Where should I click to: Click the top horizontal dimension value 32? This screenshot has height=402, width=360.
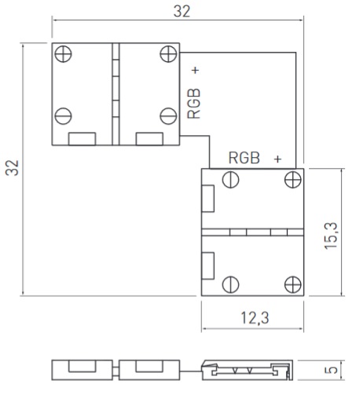pyautogui.click(x=182, y=12)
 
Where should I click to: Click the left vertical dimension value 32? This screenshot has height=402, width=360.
pyautogui.click(x=13, y=168)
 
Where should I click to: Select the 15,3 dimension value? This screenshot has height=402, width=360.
pyautogui.click(x=331, y=236)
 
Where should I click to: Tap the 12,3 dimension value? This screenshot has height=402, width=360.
pyautogui.click(x=255, y=318)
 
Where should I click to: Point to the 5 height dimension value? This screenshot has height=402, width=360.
pyautogui.click(x=331, y=370)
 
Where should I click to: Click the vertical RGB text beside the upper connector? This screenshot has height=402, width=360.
pyautogui.click(x=194, y=104)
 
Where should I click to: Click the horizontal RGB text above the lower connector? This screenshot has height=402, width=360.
pyautogui.click(x=244, y=158)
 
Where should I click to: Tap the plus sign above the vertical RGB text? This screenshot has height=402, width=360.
pyautogui.click(x=196, y=70)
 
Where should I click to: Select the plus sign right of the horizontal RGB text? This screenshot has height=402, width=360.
pyautogui.click(x=277, y=159)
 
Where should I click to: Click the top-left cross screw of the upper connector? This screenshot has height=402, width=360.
pyautogui.click(x=63, y=53)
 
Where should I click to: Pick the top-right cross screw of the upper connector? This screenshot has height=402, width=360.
pyautogui.click(x=168, y=54)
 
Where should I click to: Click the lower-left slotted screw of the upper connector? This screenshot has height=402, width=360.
pyautogui.click(x=63, y=116)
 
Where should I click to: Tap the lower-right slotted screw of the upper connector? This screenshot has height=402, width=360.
pyautogui.click(x=168, y=116)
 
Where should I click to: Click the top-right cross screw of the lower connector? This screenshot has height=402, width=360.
pyautogui.click(x=292, y=180)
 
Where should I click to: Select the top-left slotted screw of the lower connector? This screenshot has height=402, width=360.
pyautogui.click(x=230, y=180)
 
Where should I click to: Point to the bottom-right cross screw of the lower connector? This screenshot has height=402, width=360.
pyautogui.click(x=292, y=284)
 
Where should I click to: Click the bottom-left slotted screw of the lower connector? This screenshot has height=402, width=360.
pyautogui.click(x=230, y=284)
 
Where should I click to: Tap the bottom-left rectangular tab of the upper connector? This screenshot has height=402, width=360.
pyautogui.click(x=82, y=139)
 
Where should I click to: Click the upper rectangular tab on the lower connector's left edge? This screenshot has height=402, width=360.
pyautogui.click(x=208, y=199)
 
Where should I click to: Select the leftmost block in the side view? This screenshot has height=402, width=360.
pyautogui.click(x=83, y=370)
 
